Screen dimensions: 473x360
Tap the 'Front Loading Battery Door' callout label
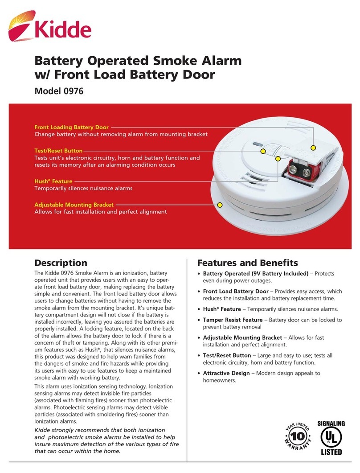point(71,128)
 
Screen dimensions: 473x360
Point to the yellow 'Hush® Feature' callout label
point(53,181)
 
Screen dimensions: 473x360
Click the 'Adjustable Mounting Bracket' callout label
point(74,205)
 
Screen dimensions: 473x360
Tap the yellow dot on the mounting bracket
point(219,205)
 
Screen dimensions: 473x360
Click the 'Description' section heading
point(61,263)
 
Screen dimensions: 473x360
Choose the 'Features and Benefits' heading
point(247,263)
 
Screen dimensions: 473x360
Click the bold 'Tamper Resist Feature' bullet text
point(233,320)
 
